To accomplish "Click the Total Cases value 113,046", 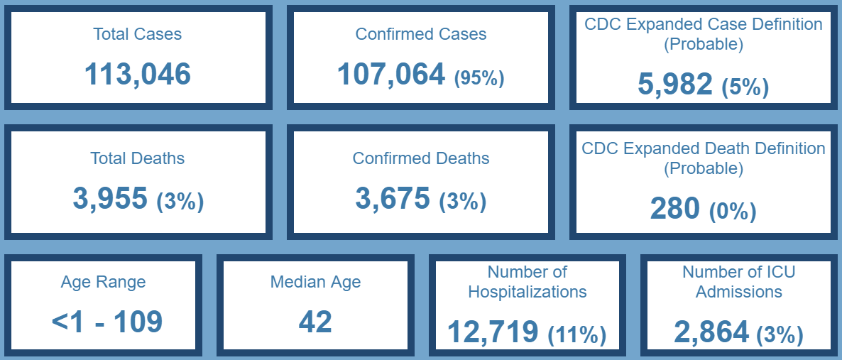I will [138, 74].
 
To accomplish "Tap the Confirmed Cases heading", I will [421, 34].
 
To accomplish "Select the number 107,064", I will [391, 74].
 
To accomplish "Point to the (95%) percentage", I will [479, 77].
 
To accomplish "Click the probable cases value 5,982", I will [675, 84].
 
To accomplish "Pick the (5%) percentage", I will [745, 87].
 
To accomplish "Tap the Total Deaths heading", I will [138, 158].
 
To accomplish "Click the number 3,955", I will [110, 199].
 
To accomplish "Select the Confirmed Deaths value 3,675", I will [393, 199].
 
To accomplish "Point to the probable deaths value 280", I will [675, 209].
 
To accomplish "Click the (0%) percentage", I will [733, 211].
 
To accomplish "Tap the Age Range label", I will [103, 282].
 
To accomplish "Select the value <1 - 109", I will [107, 322].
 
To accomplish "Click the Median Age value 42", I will [315, 322].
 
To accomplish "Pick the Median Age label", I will [315, 282].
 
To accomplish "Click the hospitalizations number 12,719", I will [493, 332].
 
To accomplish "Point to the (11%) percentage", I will [576, 334].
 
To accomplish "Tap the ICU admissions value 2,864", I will [711, 332].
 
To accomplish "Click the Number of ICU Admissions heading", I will [739, 282].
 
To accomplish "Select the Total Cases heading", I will [138, 34].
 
